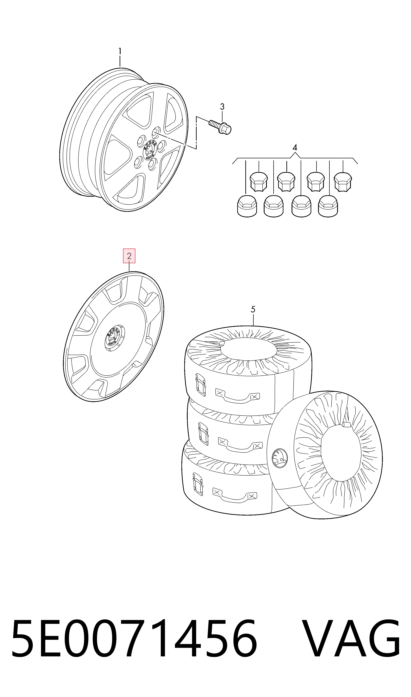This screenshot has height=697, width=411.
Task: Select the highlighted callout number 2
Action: tap(129, 256)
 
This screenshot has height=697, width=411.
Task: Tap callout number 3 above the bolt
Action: tap(222, 107)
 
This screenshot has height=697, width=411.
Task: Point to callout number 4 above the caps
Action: tap(295, 148)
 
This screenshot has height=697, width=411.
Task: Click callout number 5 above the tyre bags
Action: tap(253, 309)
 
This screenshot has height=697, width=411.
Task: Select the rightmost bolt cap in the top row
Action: tap(343, 182)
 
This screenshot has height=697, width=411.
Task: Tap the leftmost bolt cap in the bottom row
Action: tap(247, 206)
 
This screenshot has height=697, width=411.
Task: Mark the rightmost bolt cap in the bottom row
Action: tap(328, 206)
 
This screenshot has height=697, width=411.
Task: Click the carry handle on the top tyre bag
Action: tap(238, 395)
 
